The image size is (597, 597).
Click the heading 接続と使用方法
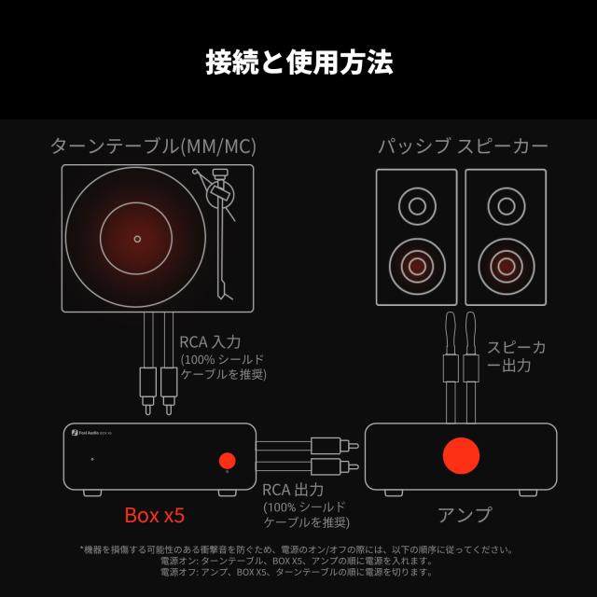pos(298,62)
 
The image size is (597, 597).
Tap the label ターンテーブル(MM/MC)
pos(153,146)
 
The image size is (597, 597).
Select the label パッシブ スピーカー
pos(463,146)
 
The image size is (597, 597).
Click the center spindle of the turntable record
pos(138,239)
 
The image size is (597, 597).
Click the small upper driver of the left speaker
pos(417,205)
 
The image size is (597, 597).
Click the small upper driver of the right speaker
pos(506,205)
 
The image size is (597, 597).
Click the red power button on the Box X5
pos(227,460)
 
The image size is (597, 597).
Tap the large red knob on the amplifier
pos(460,455)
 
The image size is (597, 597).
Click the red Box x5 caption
pos(155,514)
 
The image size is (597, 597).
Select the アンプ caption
pos(464,514)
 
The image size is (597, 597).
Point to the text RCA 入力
pos(210,342)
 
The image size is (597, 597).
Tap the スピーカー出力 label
pos(516,356)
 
